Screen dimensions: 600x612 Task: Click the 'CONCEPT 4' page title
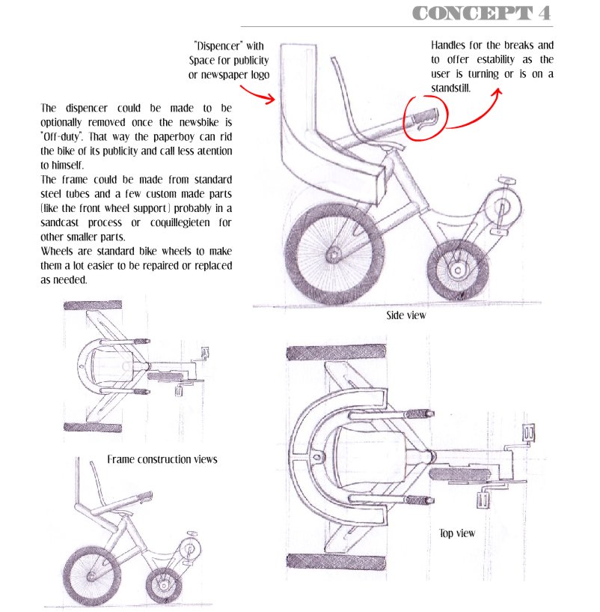tap(482, 13)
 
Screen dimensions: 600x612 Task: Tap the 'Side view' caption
tap(406, 315)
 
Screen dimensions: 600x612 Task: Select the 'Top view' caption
tap(457, 533)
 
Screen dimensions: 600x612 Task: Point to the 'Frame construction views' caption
tap(162, 459)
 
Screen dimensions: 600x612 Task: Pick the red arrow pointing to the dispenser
tap(257, 94)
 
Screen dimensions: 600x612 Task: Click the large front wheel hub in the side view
tap(333, 256)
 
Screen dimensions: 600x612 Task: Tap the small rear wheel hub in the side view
tap(458, 270)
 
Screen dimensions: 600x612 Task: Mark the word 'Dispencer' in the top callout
tap(218, 46)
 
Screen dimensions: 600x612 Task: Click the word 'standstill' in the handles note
tap(450, 88)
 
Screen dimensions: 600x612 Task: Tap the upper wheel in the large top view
tap(337, 353)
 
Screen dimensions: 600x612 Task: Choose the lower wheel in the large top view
tap(337, 561)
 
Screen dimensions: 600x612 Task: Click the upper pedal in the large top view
tap(529, 433)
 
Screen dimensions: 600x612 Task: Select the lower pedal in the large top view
tap(483, 500)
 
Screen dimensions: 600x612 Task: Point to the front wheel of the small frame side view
tap(90, 576)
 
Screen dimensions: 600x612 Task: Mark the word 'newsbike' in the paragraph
tap(199, 122)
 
